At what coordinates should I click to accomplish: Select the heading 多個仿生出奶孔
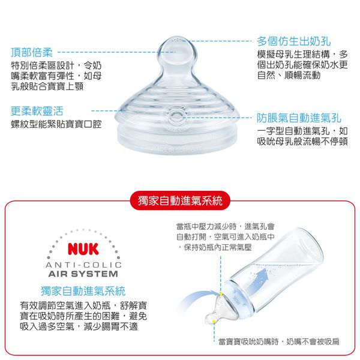pos(294,41)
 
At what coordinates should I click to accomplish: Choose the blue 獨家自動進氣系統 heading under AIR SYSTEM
pos(83,291)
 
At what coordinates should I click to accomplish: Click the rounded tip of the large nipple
pos(180,49)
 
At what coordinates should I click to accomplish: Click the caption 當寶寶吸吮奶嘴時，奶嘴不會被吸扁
pos(278,341)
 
